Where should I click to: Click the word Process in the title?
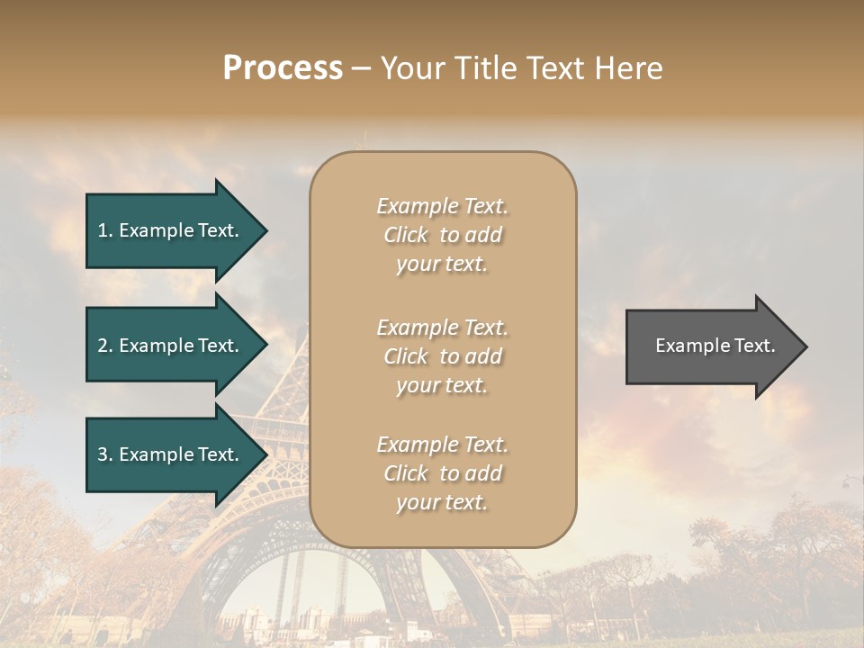283,68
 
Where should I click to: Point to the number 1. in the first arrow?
105,230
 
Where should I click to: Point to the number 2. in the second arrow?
105,346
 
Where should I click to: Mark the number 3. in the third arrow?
105,454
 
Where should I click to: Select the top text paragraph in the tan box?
442,235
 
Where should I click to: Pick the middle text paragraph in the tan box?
442,356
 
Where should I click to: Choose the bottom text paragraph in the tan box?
442,473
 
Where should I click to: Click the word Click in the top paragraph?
406,235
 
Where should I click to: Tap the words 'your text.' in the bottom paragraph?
442,502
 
